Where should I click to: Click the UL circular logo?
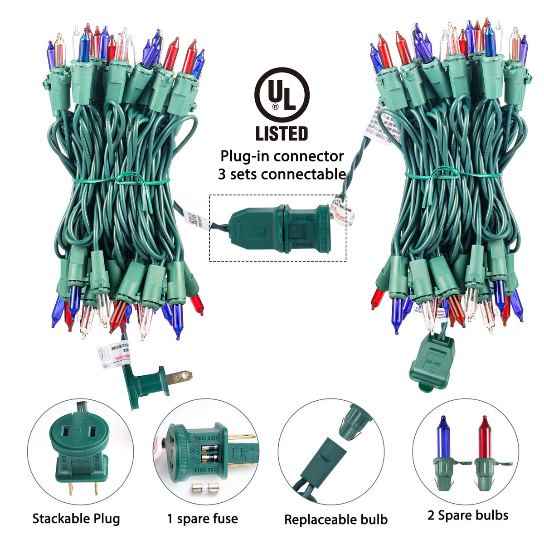(282, 95)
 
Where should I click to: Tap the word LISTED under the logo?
(282, 133)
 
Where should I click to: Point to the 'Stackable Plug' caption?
(76, 519)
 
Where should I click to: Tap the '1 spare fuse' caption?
(202, 519)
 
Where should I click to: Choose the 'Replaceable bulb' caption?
(336, 520)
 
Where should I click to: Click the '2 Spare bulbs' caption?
(468, 515)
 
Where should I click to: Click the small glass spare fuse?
(202, 489)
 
